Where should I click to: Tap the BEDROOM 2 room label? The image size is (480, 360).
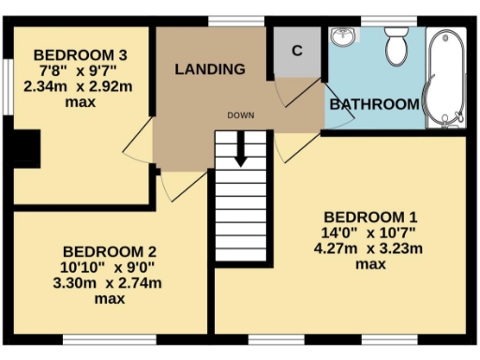(x=109, y=251)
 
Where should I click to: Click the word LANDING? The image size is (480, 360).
(x=210, y=68)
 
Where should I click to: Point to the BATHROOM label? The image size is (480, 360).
(x=374, y=104)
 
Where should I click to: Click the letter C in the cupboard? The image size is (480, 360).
(x=296, y=51)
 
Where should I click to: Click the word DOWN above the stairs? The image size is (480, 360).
(x=241, y=115)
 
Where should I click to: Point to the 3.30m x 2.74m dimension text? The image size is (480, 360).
(x=109, y=283)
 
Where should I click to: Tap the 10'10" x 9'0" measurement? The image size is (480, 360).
(x=109, y=267)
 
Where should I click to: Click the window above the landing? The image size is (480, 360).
(x=222, y=21)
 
